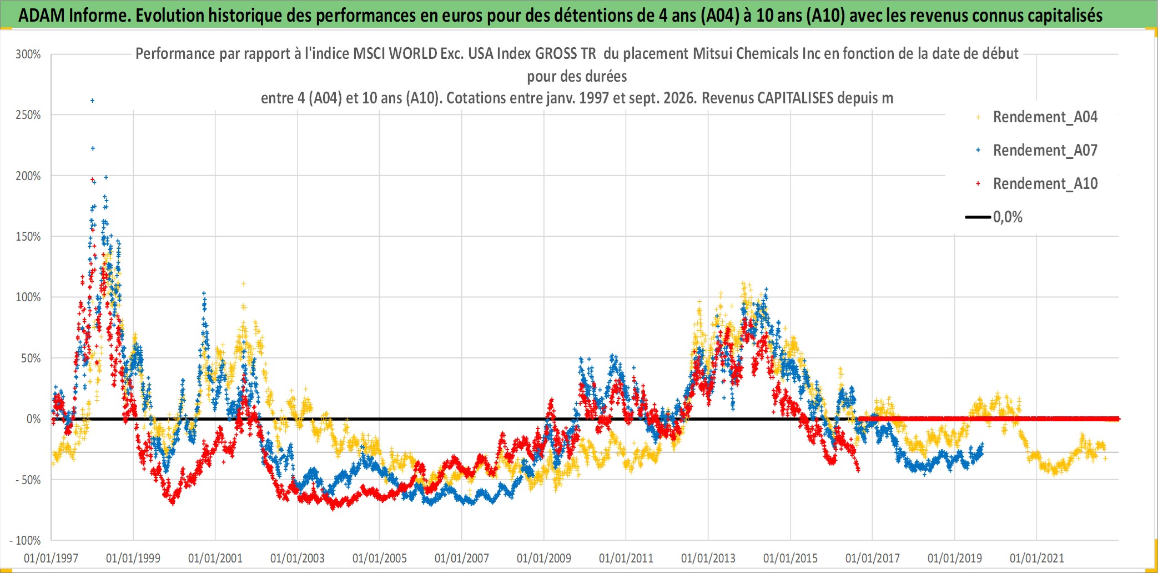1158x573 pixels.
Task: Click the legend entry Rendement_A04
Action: point(1045,117)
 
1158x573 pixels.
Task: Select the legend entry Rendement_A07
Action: point(1045,151)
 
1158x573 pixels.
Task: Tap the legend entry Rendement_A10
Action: point(1045,184)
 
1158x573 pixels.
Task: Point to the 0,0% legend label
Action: point(1008,217)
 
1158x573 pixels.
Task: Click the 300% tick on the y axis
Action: point(28,54)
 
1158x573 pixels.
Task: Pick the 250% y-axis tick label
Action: point(28,115)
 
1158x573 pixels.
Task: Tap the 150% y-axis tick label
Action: point(28,237)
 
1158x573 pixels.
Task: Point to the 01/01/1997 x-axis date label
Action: point(51,558)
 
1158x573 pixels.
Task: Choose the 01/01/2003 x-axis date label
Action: point(298,558)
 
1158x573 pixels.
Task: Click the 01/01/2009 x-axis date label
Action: point(544,558)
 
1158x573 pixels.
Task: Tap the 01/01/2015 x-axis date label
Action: point(791,558)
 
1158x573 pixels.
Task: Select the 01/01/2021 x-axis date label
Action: point(1037,558)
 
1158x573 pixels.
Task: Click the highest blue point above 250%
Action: point(93,101)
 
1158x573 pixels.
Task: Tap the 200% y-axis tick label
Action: point(28,176)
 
